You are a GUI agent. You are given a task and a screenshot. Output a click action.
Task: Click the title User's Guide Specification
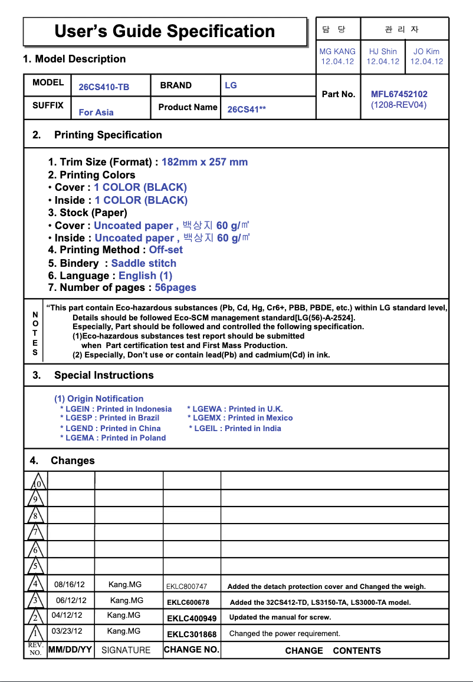coord(165,31)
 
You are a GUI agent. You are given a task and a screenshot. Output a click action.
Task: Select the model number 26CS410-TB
coord(104,87)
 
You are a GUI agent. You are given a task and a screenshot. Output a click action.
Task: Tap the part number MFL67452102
coord(399,94)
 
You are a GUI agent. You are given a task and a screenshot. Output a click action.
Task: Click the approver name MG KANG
coord(337,52)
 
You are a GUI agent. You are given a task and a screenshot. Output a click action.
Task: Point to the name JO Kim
coord(426,52)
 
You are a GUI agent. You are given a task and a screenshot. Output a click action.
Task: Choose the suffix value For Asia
coord(96,112)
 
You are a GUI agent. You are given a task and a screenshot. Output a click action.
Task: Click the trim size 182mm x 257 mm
coord(205,162)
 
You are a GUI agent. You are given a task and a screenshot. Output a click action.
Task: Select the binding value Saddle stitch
coord(143,263)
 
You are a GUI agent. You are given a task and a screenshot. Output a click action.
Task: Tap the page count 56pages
coord(175,288)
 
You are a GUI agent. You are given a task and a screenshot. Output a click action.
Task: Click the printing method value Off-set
coord(166,250)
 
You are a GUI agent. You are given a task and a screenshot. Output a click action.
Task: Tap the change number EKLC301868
coord(192,634)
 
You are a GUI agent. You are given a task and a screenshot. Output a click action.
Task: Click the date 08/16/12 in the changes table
coord(70,585)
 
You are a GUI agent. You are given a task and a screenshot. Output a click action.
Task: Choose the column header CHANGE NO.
coord(192,650)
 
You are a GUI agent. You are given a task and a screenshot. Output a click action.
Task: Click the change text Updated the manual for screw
coord(280,617)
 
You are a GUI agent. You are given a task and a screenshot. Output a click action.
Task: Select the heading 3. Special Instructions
coord(93,375)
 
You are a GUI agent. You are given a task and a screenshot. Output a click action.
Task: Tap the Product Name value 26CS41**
coord(247,110)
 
